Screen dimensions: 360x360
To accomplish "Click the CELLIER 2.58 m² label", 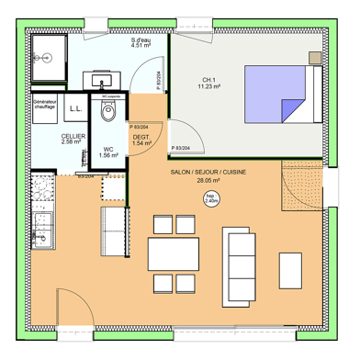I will (73, 139).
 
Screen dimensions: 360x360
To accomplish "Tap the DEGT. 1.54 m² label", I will (141, 141).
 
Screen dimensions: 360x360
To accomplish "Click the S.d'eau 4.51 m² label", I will (142, 44).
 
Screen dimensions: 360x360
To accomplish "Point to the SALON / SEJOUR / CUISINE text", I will (208, 172).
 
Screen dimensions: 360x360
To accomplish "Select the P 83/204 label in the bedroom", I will (182, 148).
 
